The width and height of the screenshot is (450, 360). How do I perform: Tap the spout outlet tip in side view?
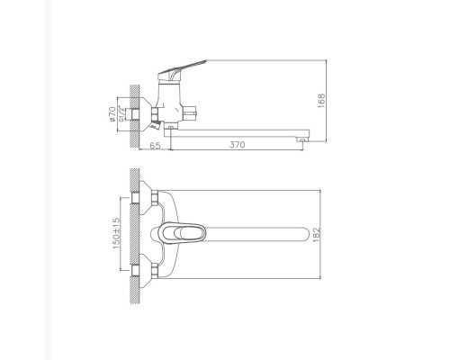pos(306,137)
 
